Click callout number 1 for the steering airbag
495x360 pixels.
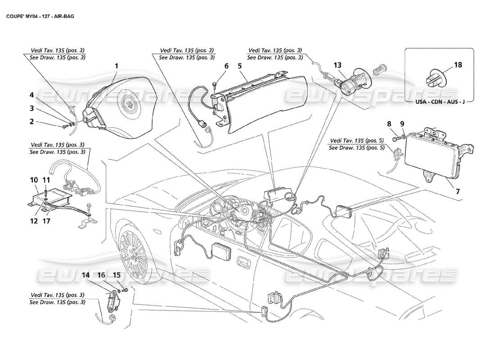tap(116, 66)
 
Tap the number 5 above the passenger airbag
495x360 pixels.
tap(240, 66)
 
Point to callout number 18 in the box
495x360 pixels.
tap(458, 65)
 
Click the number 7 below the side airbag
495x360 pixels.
tap(458, 191)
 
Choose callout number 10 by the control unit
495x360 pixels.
tap(34, 180)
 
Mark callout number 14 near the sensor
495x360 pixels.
tap(85, 274)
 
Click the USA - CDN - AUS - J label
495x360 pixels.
tap(440, 102)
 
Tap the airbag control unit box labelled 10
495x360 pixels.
tap(56, 198)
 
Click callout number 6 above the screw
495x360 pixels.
tap(226, 66)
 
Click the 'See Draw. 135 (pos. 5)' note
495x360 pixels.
tap(356, 147)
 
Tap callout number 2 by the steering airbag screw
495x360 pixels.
tap(32, 121)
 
